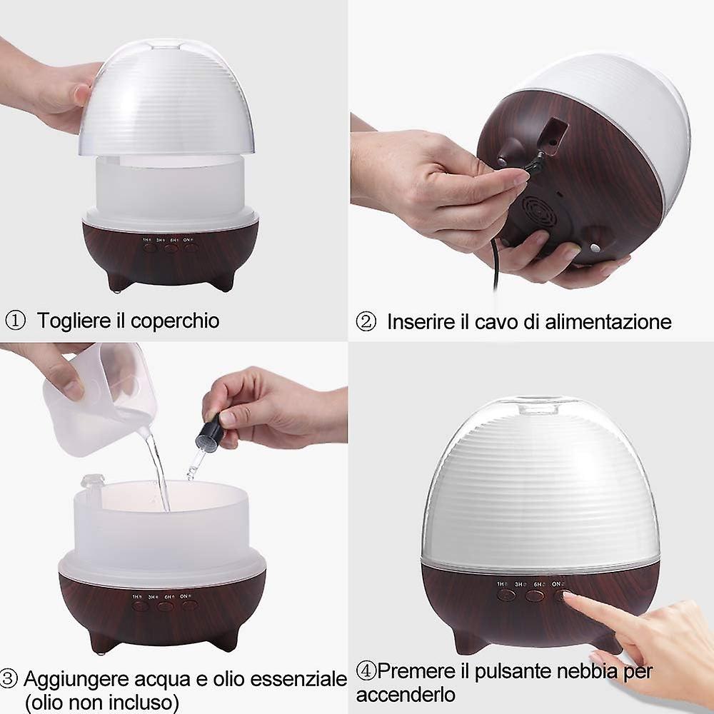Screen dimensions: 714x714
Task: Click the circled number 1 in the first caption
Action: click(x=15, y=321)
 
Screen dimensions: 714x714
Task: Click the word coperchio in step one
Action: click(x=175, y=321)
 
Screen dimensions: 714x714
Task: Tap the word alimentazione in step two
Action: click(x=608, y=321)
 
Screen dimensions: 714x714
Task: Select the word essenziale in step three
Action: click(x=298, y=679)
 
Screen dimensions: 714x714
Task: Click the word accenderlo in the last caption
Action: click(x=406, y=695)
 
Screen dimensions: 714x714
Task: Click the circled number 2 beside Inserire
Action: click(x=366, y=321)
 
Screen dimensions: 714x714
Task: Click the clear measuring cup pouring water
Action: click(x=100, y=400)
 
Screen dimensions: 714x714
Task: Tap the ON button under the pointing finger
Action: click(x=561, y=595)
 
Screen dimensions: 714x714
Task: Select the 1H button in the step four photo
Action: click(x=506, y=595)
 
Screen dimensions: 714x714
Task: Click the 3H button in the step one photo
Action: click(x=171, y=248)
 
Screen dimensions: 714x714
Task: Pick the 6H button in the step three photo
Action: click(x=164, y=606)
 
